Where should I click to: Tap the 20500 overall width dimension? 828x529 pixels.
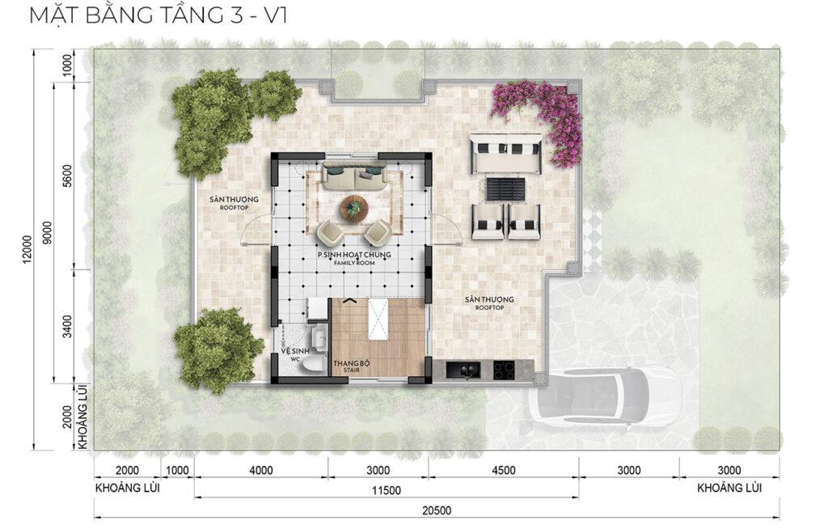tap(437, 510)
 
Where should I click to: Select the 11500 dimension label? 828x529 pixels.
tap(386, 490)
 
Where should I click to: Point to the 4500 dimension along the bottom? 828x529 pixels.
tap(503, 470)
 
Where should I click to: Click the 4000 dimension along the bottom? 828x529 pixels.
tap(261, 470)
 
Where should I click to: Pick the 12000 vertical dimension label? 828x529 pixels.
tap(27, 248)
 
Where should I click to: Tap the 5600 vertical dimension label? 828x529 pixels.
tap(66, 176)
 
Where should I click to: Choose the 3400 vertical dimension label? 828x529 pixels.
tap(66, 326)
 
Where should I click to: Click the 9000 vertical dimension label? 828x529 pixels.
tap(47, 233)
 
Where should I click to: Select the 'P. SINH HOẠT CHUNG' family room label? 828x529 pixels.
tap(354, 255)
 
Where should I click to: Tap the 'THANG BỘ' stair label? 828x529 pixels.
tap(351, 364)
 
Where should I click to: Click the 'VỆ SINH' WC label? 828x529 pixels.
tap(291, 351)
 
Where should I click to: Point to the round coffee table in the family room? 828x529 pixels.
tap(355, 207)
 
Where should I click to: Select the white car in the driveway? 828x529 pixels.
tap(597, 395)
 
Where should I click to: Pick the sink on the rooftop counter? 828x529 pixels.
tap(466, 370)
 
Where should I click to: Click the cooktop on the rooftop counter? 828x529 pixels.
tap(504, 370)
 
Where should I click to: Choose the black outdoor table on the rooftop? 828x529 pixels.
tap(506, 189)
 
